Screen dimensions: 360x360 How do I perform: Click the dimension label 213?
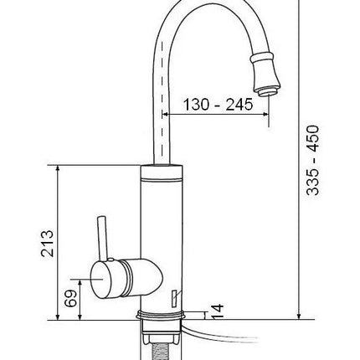tap(47, 244)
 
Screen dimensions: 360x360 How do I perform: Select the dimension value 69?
tap(70, 298)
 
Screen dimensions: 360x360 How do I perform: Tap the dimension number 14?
tap(217, 312)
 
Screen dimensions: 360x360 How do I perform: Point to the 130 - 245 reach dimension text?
tap(218, 105)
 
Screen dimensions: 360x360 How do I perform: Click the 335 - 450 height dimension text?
tap(312, 161)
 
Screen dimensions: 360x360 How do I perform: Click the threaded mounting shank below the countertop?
tap(162, 351)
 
